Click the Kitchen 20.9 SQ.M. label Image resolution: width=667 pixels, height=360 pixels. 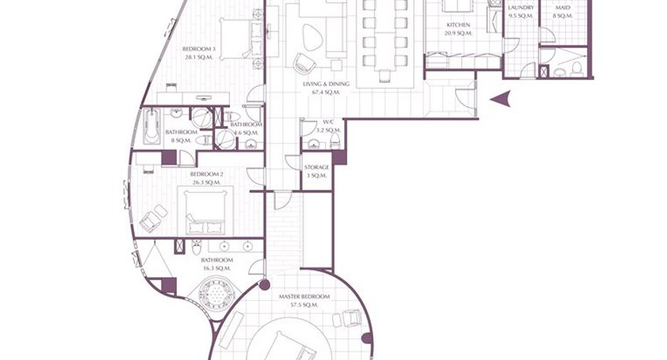tap(458, 29)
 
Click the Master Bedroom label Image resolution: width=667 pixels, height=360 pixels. tap(304, 296)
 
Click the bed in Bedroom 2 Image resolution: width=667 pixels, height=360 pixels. tap(206, 210)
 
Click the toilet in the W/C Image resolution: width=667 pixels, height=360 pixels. tap(336, 140)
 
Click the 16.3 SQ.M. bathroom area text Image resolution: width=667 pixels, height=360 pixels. tap(217, 269)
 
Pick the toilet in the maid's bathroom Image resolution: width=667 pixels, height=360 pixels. tap(576, 69)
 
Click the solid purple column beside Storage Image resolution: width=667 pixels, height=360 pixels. tap(339, 158)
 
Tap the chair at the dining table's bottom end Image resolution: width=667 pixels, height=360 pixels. tap(385, 76)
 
